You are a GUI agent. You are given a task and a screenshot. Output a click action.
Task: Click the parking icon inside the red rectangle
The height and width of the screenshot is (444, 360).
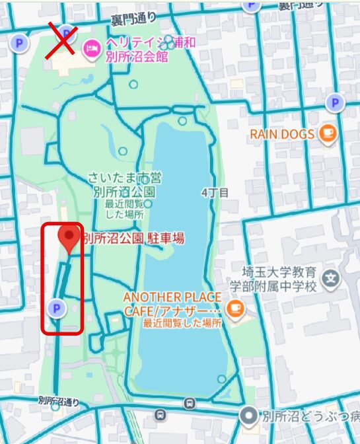coord(57,307)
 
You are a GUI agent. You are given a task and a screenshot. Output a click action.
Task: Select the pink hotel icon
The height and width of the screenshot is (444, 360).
coord(90,48)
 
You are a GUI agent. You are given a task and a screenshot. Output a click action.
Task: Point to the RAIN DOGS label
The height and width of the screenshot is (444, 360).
coord(282,134)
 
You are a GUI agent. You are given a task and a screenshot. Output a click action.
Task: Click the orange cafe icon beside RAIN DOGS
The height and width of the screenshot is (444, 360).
coord(328,134)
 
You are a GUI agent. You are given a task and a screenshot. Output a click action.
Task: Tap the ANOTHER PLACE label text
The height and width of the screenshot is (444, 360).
coord(172,297)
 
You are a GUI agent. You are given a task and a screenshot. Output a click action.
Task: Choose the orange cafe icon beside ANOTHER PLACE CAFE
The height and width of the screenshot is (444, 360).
coord(233,308)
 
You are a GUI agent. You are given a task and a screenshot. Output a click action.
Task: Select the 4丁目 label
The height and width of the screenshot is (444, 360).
coord(215,193)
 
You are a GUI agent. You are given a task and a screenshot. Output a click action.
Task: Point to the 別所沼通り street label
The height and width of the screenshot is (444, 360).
coord(59,400)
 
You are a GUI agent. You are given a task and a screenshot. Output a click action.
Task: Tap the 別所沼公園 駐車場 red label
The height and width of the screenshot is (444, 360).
coord(133,239)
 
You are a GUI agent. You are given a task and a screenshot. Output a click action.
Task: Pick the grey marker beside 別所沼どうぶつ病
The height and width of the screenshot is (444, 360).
coord(248,416)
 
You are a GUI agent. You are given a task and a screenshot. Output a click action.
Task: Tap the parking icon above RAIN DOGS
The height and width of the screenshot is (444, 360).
coord(336,102)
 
